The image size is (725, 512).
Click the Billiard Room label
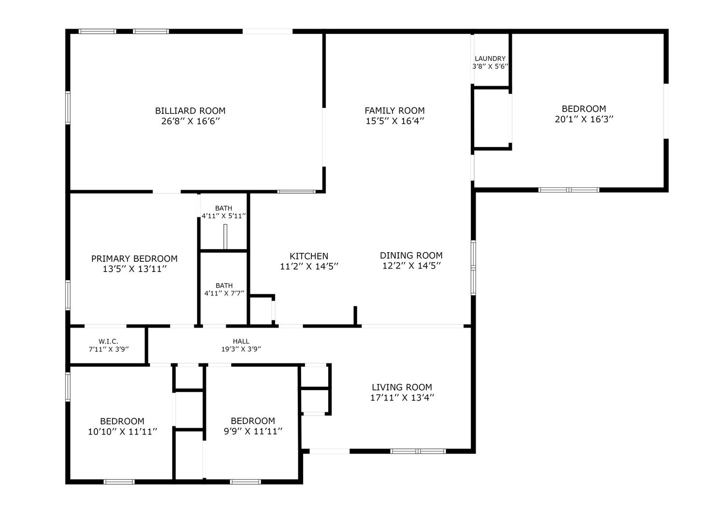coord(190,111)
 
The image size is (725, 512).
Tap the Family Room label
coord(394,111)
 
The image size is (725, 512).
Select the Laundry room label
coord(490,59)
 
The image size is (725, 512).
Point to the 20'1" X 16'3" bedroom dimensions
coord(584,119)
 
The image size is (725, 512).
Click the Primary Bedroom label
coord(134,258)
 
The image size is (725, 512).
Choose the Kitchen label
coord(309,256)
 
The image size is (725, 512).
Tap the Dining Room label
coord(411,256)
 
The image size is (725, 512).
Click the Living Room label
coord(402,387)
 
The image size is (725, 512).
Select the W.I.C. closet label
coord(108,341)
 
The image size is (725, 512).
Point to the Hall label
coord(241,341)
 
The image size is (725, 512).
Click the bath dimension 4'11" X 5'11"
coord(224,216)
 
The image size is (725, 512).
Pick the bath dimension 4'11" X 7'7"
coord(224,293)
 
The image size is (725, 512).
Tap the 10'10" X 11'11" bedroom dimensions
coord(122,432)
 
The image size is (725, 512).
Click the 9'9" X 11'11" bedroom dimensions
coord(253,431)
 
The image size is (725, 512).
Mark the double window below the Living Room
coord(418,451)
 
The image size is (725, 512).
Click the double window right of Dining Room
coord(473,268)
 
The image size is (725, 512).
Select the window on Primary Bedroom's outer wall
coord(68,295)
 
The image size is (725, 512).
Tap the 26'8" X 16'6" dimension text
coord(190,121)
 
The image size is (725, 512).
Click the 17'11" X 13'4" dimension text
coord(402,398)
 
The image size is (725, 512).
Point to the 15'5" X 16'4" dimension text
coord(395,121)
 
